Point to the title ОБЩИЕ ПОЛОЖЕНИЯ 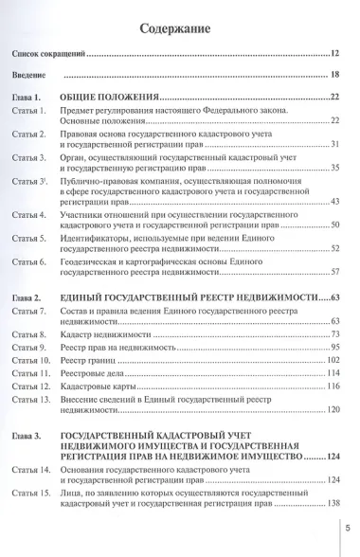click(122, 98)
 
